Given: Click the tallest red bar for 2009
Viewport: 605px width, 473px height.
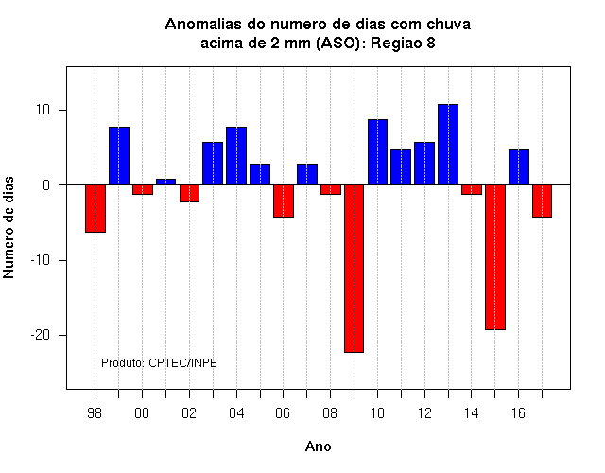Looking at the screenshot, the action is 354,269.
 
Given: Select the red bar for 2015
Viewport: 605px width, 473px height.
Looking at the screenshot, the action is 495,257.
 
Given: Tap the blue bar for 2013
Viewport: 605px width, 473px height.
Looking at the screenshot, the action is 448,145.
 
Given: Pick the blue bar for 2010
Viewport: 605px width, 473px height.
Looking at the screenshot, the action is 377,151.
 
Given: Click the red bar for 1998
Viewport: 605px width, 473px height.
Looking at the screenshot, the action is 95,208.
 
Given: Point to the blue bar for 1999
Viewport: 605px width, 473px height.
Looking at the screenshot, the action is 119,155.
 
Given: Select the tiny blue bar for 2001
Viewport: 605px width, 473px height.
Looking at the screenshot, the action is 166,182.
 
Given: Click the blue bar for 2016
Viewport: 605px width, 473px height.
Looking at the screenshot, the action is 519,166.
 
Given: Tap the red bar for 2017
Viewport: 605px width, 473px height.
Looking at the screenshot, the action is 542,201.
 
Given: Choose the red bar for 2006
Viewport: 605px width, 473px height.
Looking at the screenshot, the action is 284,201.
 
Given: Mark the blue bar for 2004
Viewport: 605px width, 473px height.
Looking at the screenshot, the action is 236,155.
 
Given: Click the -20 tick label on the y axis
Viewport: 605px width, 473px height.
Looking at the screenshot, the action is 41,335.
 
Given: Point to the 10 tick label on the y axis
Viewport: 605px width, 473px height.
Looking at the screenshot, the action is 43,110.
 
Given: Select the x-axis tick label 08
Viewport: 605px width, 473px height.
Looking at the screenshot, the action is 330,413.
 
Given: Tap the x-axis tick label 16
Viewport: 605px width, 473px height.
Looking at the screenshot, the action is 518,413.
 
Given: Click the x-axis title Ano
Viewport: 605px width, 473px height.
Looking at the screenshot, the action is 318,447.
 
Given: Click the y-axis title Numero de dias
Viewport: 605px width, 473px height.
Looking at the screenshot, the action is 9,227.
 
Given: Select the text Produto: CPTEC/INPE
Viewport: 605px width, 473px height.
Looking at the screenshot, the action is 159,363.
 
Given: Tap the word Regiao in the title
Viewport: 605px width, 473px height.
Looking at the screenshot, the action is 396,44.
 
